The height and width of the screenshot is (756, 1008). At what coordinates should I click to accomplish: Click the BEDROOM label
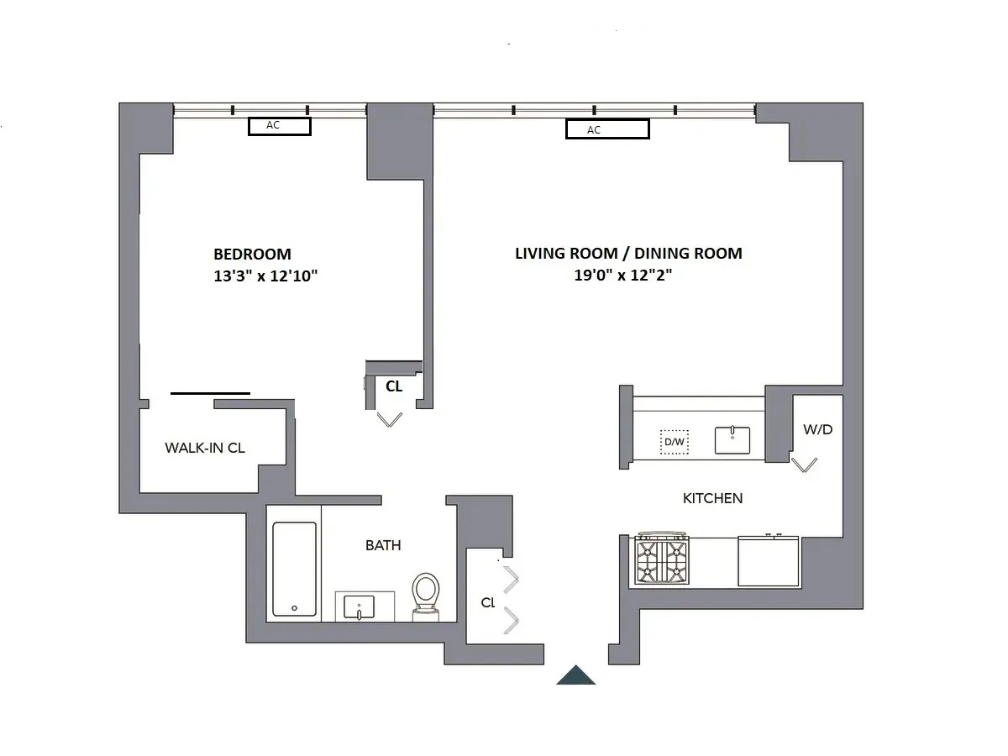point(252,254)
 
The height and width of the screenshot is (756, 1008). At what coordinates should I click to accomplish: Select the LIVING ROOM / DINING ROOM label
point(628,254)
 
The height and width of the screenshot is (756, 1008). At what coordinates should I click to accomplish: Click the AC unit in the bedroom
point(280,126)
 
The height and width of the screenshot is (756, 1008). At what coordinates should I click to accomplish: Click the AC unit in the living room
point(607,129)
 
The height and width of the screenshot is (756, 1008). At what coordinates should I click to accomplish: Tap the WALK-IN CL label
point(205,448)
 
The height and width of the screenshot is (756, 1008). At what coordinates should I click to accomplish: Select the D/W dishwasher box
point(674,441)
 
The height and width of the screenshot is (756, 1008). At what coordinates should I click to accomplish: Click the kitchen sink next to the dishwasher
point(732,439)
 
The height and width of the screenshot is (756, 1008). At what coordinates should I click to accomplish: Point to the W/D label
point(817,429)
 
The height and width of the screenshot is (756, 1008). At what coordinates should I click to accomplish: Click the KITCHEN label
point(712,498)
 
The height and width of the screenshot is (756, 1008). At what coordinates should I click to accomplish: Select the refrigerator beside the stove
point(769,561)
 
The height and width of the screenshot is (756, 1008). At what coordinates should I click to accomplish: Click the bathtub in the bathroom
point(295,569)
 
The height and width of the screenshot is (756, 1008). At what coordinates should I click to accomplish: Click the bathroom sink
point(365,606)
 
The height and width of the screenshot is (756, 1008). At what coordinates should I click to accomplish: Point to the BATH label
point(383,545)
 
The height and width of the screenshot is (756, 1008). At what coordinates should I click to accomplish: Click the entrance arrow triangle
point(576,675)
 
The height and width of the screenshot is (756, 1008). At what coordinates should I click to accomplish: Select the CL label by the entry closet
point(488,602)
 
